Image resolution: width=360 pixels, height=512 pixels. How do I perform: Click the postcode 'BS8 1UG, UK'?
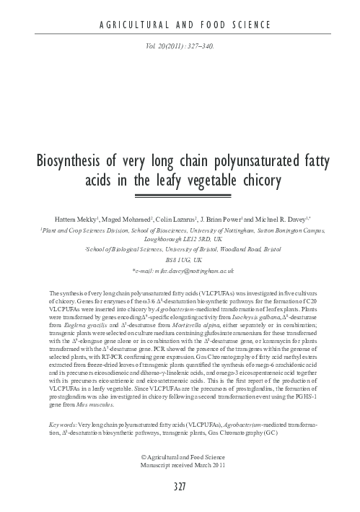coord(180,258)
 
